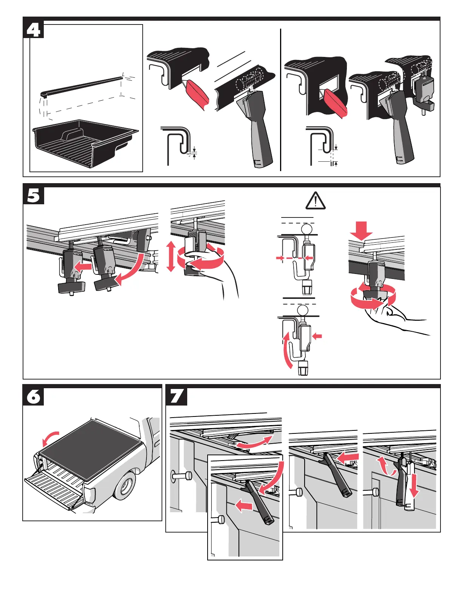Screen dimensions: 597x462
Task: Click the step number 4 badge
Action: tap(33, 29)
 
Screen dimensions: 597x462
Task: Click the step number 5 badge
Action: tap(33, 196)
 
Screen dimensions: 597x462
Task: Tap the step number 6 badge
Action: tap(33, 396)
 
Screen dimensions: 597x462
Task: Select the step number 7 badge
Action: tap(176, 396)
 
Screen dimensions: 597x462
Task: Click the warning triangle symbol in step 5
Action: tap(315, 201)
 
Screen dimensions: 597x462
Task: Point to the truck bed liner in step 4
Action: tap(85, 143)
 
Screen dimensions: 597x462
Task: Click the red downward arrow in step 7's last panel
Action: tap(414, 486)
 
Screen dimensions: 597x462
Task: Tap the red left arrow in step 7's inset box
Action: tap(244, 506)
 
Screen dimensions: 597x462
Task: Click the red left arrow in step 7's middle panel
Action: tap(347, 458)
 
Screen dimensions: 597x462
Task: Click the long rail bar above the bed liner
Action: tap(81, 85)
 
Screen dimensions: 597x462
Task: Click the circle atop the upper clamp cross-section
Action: tap(306, 229)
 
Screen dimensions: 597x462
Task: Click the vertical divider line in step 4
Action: tap(281, 100)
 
